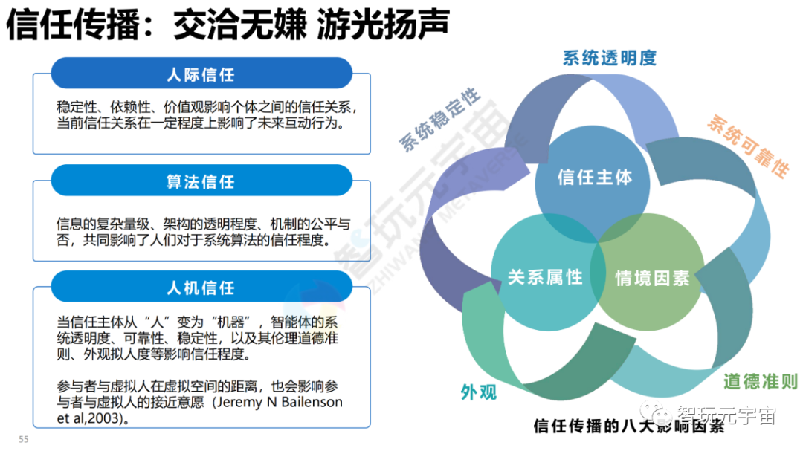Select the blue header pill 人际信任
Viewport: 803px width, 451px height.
[x=200, y=75]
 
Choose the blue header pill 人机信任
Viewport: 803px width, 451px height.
[x=200, y=287]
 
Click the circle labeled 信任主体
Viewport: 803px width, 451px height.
[x=594, y=178]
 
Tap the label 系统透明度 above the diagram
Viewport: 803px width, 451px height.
[x=610, y=58]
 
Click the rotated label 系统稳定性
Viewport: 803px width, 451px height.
[x=440, y=120]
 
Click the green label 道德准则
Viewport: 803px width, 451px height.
[x=760, y=382]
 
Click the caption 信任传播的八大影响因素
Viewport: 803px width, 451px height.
[x=629, y=426]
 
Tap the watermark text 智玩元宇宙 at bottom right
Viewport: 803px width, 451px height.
[x=726, y=415]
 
